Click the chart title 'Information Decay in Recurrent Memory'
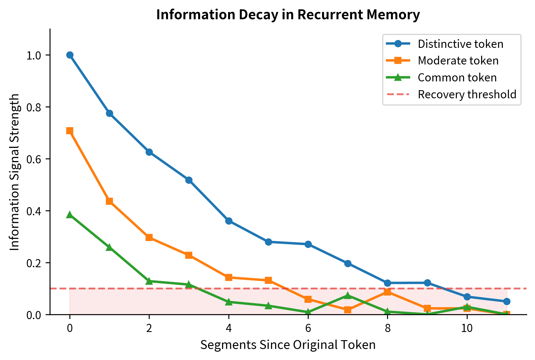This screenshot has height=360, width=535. tap(288, 15)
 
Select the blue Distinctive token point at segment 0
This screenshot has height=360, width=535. tap(70, 55)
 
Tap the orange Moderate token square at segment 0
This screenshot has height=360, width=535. tap(70, 130)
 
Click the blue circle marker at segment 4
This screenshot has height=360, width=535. tap(229, 221)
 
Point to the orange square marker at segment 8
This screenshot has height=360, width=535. tap(387, 292)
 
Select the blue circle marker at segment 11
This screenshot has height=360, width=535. tap(507, 301)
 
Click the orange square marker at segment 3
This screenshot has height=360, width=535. tap(189, 255)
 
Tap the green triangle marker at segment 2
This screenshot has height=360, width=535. tap(149, 281)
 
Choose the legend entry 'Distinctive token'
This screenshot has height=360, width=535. tap(460, 44)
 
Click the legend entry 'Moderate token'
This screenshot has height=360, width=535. tap(458, 61)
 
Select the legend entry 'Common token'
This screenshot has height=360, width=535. tap(457, 78)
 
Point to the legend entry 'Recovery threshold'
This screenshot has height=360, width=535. tap(467, 95)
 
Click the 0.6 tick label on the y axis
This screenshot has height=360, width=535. tap(34, 159)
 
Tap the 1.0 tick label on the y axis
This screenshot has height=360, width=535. tap(34, 55)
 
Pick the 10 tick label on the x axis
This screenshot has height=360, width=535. tap(467, 328)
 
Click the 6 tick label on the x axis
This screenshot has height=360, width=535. tap(308, 328)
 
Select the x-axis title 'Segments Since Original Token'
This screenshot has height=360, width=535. tap(288, 345)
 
